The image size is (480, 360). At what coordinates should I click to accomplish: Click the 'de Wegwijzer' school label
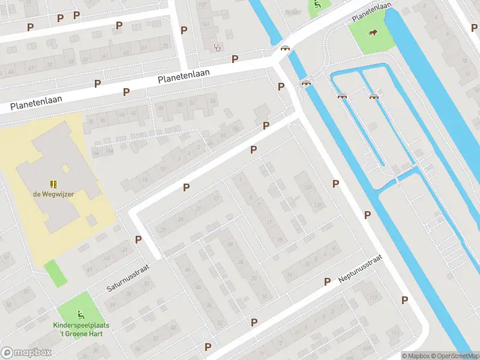53,194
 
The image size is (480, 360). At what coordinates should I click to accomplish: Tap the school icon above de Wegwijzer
53,184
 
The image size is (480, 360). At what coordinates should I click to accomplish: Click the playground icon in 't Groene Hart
80,314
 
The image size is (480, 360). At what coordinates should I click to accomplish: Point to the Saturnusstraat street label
127,280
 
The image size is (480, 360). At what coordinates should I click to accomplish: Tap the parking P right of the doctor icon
235,59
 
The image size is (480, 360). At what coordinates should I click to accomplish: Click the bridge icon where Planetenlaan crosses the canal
286,49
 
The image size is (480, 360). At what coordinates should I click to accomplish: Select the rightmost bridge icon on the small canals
374,96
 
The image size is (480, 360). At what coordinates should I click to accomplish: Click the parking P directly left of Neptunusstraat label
328,281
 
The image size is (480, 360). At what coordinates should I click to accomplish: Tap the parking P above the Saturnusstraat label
139,239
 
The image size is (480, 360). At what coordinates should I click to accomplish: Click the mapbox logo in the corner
26,353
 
